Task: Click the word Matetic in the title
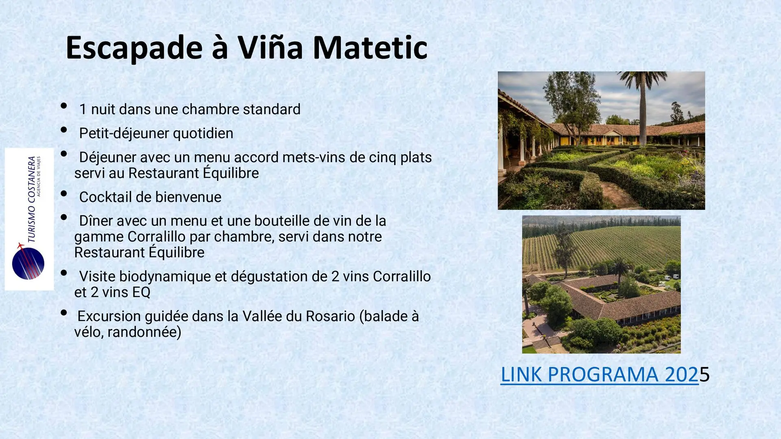point(370,48)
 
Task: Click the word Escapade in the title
point(134,48)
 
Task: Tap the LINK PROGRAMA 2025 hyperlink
point(605,374)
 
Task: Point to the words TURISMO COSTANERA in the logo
point(31,199)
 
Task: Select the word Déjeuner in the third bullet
point(108,157)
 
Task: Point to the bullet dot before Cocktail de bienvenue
point(64,193)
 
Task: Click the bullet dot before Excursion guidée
point(64,313)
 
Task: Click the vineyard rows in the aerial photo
point(610,246)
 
